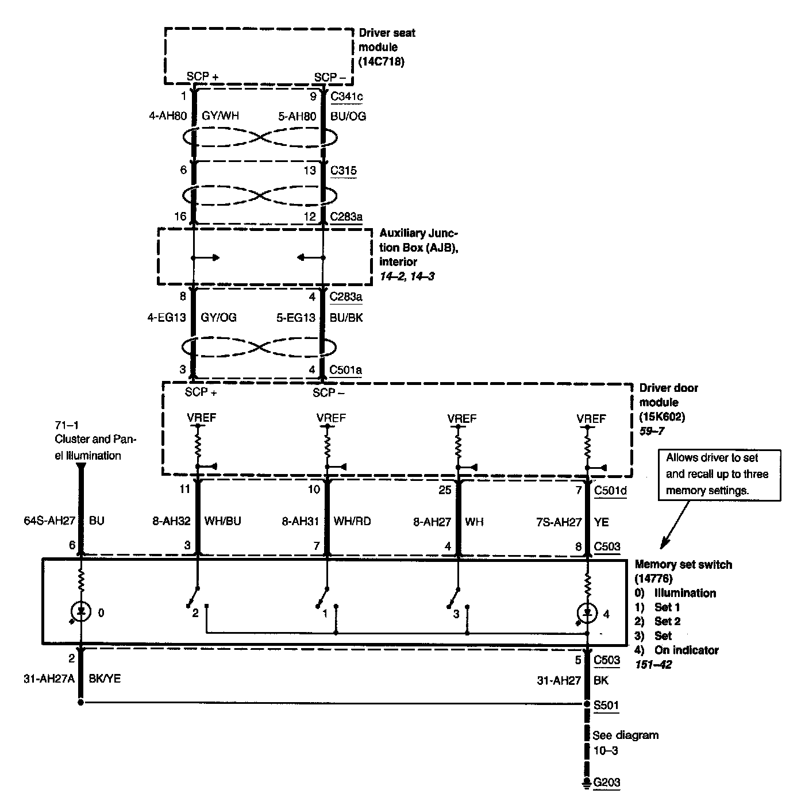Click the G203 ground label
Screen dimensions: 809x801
click(607, 782)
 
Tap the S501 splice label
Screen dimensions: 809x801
click(606, 704)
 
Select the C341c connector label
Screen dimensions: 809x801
click(346, 96)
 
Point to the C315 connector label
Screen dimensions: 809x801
click(343, 171)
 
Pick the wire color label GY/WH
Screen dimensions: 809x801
click(220, 116)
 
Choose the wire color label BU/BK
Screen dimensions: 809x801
click(346, 317)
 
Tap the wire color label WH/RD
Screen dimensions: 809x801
click(352, 521)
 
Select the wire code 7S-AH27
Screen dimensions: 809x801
click(559, 522)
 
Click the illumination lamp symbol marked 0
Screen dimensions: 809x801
click(81, 612)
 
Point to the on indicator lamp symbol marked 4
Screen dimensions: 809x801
click(587, 613)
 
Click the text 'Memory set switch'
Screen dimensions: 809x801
click(683, 565)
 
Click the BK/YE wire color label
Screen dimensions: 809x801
click(105, 679)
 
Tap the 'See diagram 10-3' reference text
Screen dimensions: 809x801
click(625, 742)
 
